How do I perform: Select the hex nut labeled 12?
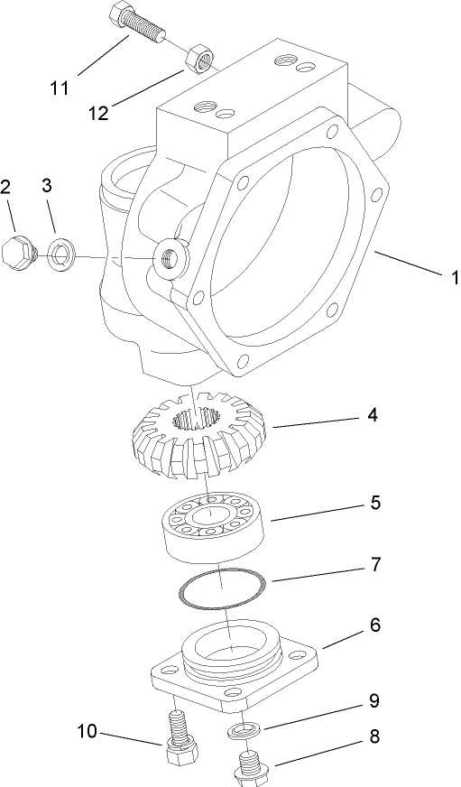click(x=197, y=60)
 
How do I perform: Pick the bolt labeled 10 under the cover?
click(x=180, y=737)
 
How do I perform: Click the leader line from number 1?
click(x=410, y=267)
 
